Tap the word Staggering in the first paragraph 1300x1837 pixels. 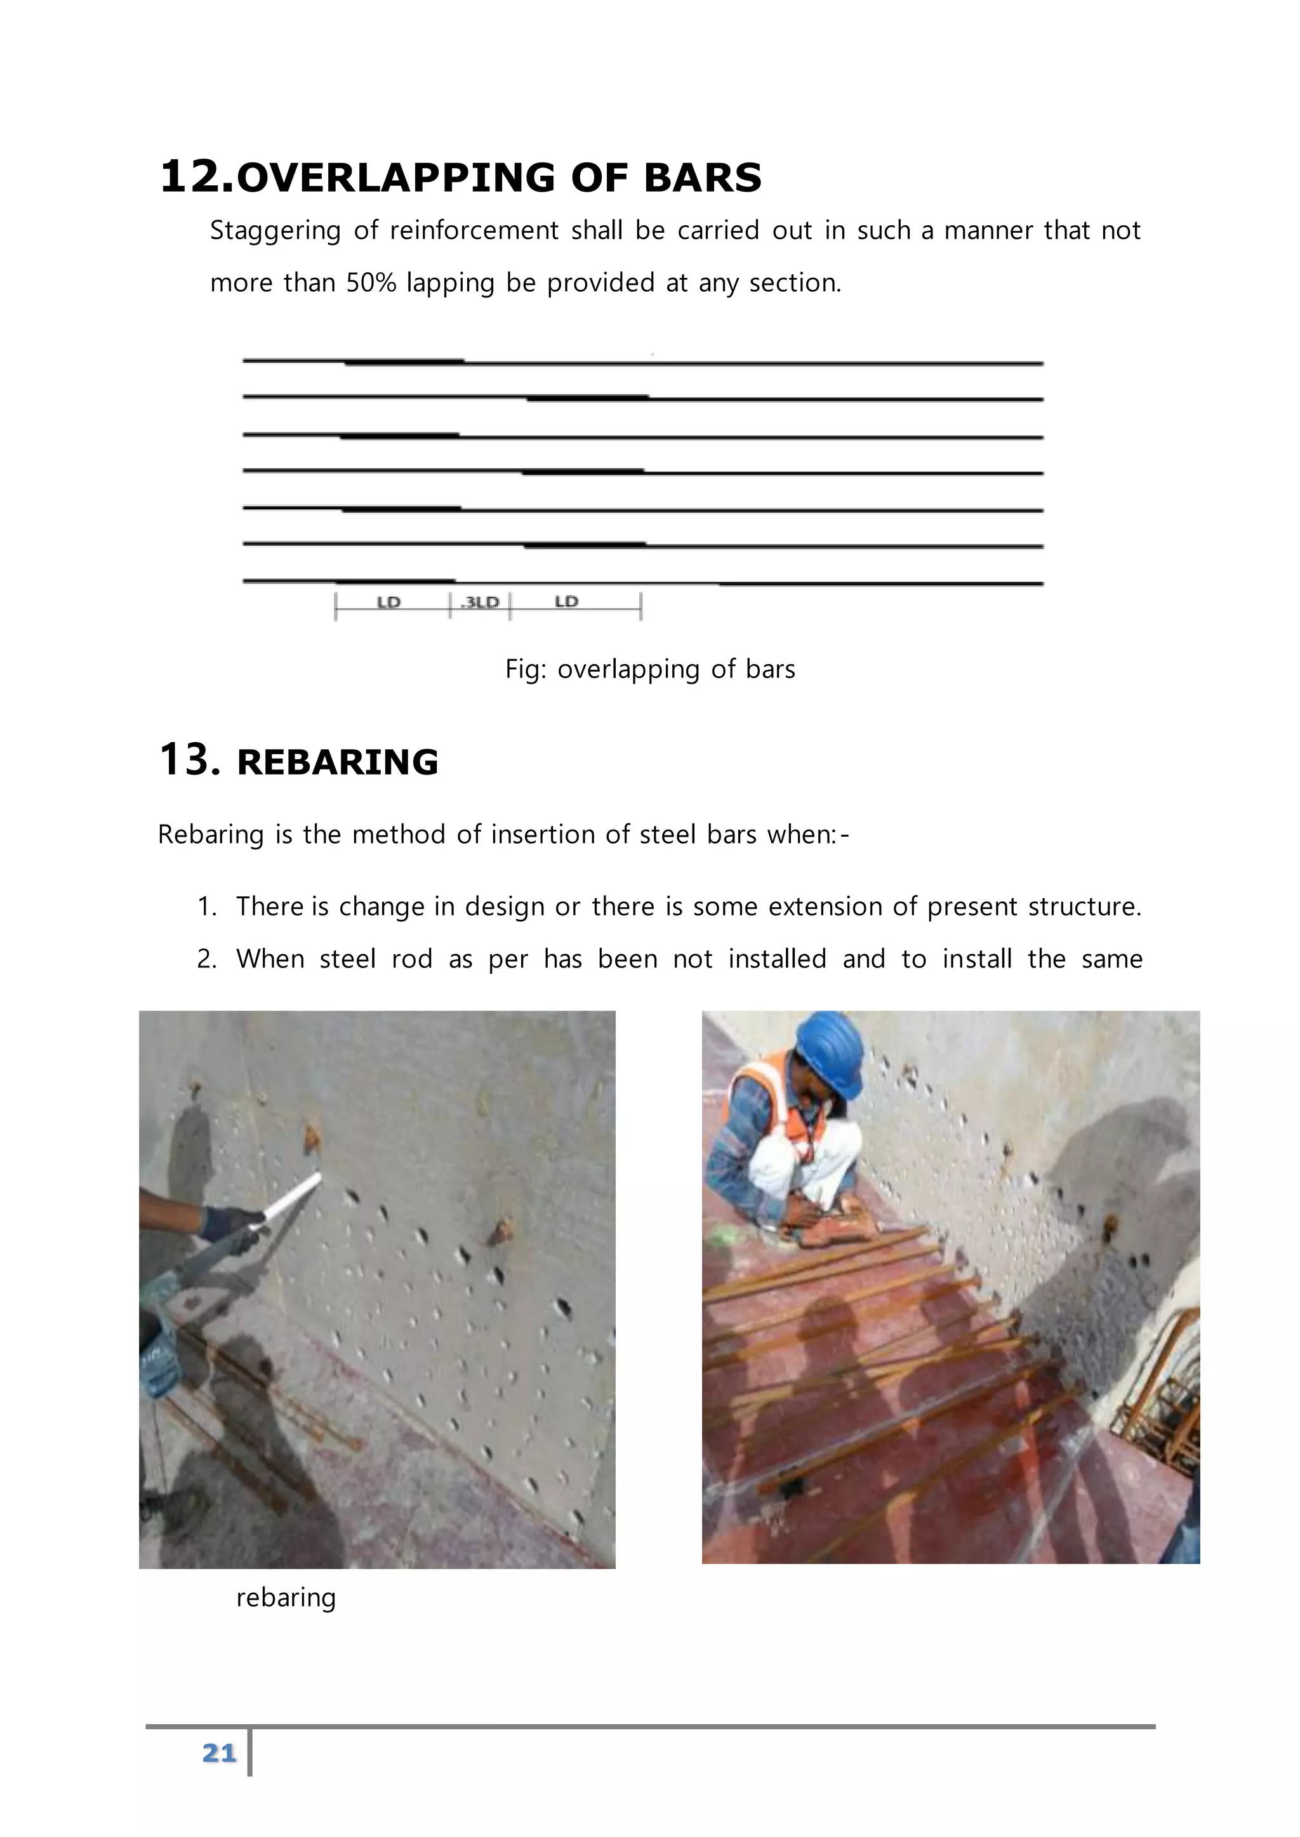275,232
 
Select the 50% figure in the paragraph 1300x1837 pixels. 371,284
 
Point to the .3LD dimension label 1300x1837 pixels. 481,603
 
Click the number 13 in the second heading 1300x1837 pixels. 189,759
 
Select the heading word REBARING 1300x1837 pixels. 337,762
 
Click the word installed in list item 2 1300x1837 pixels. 776,958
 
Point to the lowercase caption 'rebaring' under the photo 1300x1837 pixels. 286,1598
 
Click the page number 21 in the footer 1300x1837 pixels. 218,1753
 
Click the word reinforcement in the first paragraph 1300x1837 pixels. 474,232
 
